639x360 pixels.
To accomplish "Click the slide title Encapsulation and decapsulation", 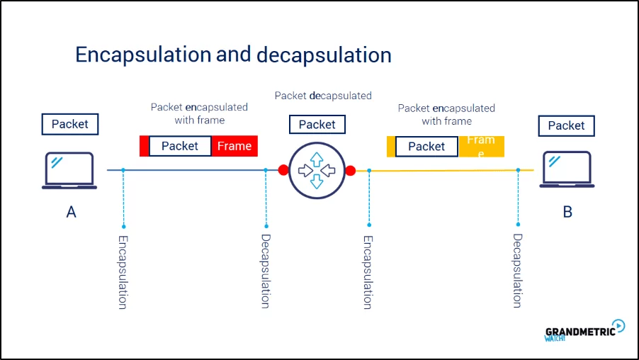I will (x=233, y=55).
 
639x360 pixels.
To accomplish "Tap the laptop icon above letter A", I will (x=69, y=171).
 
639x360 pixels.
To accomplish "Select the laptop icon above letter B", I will (x=567, y=170).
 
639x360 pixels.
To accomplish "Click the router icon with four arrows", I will (x=317, y=170).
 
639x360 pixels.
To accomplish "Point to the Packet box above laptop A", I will (x=70, y=125).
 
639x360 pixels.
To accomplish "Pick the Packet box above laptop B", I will (x=566, y=125).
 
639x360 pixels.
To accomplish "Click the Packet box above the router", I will (x=317, y=125).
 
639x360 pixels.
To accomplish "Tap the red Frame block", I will (x=234, y=146).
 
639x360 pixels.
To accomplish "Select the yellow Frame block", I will (x=481, y=146).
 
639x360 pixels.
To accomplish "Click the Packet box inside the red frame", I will (x=180, y=146).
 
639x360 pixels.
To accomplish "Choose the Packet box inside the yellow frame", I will (x=426, y=146).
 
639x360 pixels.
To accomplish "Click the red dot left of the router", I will (x=283, y=170).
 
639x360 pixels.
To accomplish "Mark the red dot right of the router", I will (x=350, y=171).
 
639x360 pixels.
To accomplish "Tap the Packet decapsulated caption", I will (x=323, y=95).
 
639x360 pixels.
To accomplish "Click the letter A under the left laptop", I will (x=71, y=211).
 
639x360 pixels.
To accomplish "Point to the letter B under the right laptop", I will (x=567, y=211).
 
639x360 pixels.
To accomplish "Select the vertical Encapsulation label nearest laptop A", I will (x=123, y=271).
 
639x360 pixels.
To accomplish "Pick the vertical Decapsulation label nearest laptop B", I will (x=518, y=271).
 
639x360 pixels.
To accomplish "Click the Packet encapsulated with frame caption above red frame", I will (x=199, y=113).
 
